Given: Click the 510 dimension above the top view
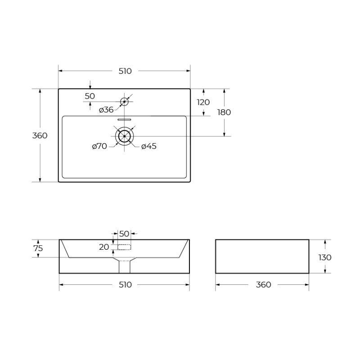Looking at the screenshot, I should [125, 71].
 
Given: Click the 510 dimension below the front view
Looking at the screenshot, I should [125, 284].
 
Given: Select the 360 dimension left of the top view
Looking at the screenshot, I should [40, 135].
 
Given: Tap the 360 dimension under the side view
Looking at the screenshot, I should [263, 284].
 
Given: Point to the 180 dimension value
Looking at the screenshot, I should [224, 112].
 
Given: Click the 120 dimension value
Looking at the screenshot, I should [203, 102].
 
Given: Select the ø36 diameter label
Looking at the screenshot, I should [106, 110].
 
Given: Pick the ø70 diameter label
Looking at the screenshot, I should [99, 146].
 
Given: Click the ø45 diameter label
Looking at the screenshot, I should [149, 146].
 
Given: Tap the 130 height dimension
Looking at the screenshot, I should [324, 257].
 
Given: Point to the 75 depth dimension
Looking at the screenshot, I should [38, 248].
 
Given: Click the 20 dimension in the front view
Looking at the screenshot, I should [104, 247].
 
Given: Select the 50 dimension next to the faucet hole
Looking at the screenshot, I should [90, 96].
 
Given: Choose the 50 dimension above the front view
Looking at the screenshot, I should [124, 234].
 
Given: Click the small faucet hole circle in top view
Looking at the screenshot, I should [124, 102].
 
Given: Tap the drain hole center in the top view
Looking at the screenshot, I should [124, 136].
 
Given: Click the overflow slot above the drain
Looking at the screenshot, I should [124, 120].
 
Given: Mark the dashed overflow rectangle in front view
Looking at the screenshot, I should [124, 247].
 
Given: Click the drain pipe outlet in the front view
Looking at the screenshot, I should [124, 266].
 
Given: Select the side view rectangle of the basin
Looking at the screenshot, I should [262, 256].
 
